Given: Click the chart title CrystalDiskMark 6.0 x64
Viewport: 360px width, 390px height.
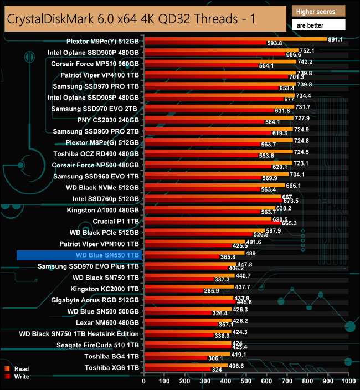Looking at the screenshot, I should click(130, 18).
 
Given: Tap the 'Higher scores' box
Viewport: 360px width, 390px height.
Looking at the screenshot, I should click(318, 11).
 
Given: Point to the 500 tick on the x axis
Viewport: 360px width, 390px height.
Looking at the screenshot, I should click(246, 382).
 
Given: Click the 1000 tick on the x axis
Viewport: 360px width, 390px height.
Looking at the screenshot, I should click(348, 382).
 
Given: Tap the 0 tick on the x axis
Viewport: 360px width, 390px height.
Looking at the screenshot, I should click(144, 382).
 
